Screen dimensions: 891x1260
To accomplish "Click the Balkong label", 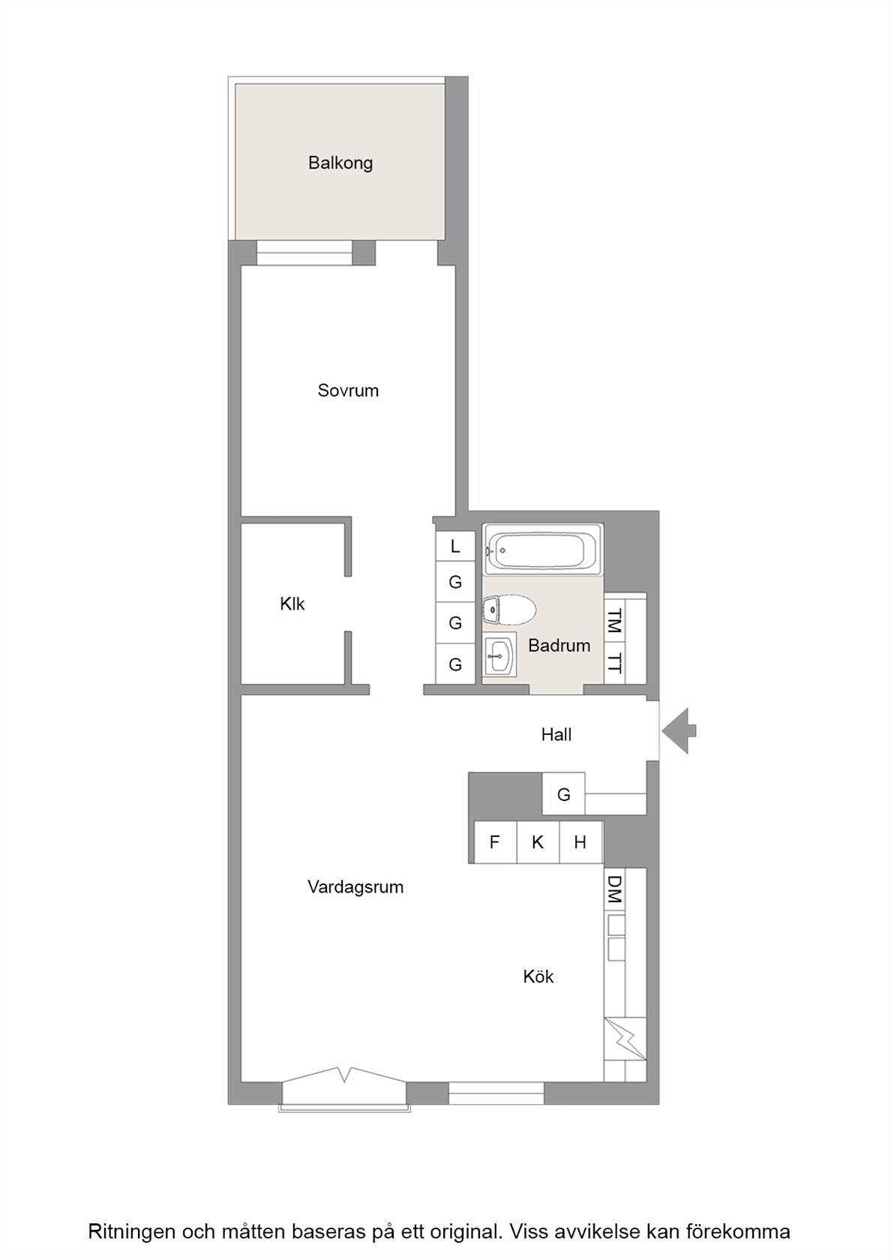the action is pos(340,163).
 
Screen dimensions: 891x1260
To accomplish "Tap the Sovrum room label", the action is pos(348,390).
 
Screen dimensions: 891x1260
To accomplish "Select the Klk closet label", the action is pos(292,604).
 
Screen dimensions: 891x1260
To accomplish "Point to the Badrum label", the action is pos(559,645).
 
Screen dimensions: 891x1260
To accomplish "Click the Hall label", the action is pos(556,734).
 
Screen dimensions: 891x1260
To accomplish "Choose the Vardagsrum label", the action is pos(355,887).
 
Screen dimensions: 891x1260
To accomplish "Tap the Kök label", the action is pos(538,976).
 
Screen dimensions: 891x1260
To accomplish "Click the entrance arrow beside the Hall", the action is pos(679,731).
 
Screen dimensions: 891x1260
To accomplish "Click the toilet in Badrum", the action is pos(509,610).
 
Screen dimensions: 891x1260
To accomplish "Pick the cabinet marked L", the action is pos(455,546).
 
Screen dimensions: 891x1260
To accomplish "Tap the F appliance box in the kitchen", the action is pos(495,842).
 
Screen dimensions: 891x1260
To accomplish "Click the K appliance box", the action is pos(538,842).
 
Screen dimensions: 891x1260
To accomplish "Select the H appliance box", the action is pos(580,842).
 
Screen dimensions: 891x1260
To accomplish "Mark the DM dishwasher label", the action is pos(614,889).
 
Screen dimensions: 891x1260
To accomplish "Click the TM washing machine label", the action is pos(615,620).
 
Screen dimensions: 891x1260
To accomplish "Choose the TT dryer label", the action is pos(615,663).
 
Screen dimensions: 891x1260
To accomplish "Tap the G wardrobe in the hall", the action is pos(564,793).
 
